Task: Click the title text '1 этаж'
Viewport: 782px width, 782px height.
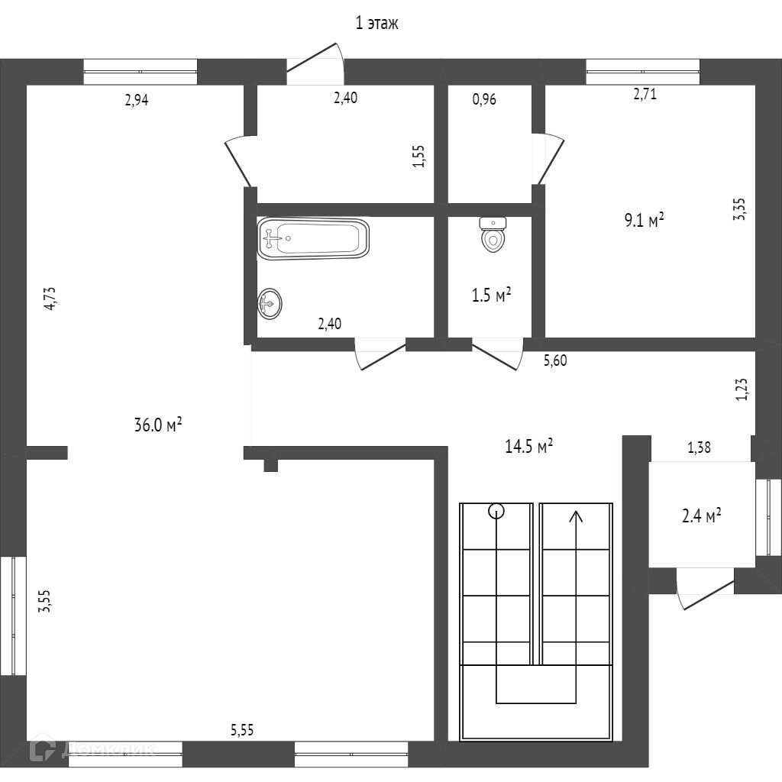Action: [377, 24]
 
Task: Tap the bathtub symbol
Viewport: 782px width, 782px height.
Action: [313, 238]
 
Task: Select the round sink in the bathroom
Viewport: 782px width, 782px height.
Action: [270, 304]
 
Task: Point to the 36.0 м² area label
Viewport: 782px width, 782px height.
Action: [157, 425]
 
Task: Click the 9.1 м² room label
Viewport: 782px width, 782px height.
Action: [644, 221]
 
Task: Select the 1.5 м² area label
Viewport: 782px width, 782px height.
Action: [491, 295]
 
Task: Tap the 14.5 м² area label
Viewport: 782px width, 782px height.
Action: [528, 447]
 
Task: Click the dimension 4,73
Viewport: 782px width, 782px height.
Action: [50, 297]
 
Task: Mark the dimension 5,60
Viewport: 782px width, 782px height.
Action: [555, 360]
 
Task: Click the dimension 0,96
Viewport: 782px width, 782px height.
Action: [484, 99]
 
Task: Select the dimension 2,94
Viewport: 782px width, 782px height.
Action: [136, 99]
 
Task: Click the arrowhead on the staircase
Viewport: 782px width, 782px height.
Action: [576, 516]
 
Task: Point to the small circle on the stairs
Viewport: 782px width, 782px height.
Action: [496, 511]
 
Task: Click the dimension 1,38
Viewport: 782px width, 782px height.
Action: [699, 448]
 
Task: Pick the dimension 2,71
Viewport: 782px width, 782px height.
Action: [645, 95]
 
